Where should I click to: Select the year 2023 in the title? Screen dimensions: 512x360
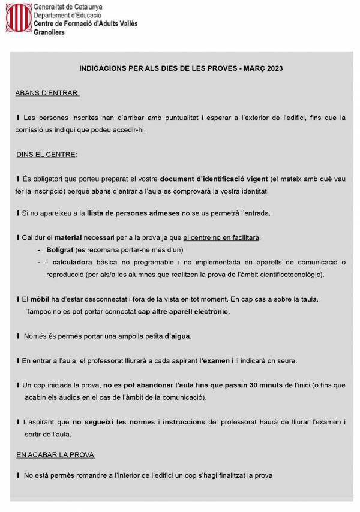point(272,69)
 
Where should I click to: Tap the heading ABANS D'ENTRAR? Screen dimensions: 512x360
point(47,94)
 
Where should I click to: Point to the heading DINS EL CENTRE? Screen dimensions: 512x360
point(46,154)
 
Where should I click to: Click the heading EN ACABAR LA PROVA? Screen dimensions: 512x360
point(55,455)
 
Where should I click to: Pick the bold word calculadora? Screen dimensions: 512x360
point(76,262)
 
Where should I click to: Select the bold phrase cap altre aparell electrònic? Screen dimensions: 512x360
point(184,311)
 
